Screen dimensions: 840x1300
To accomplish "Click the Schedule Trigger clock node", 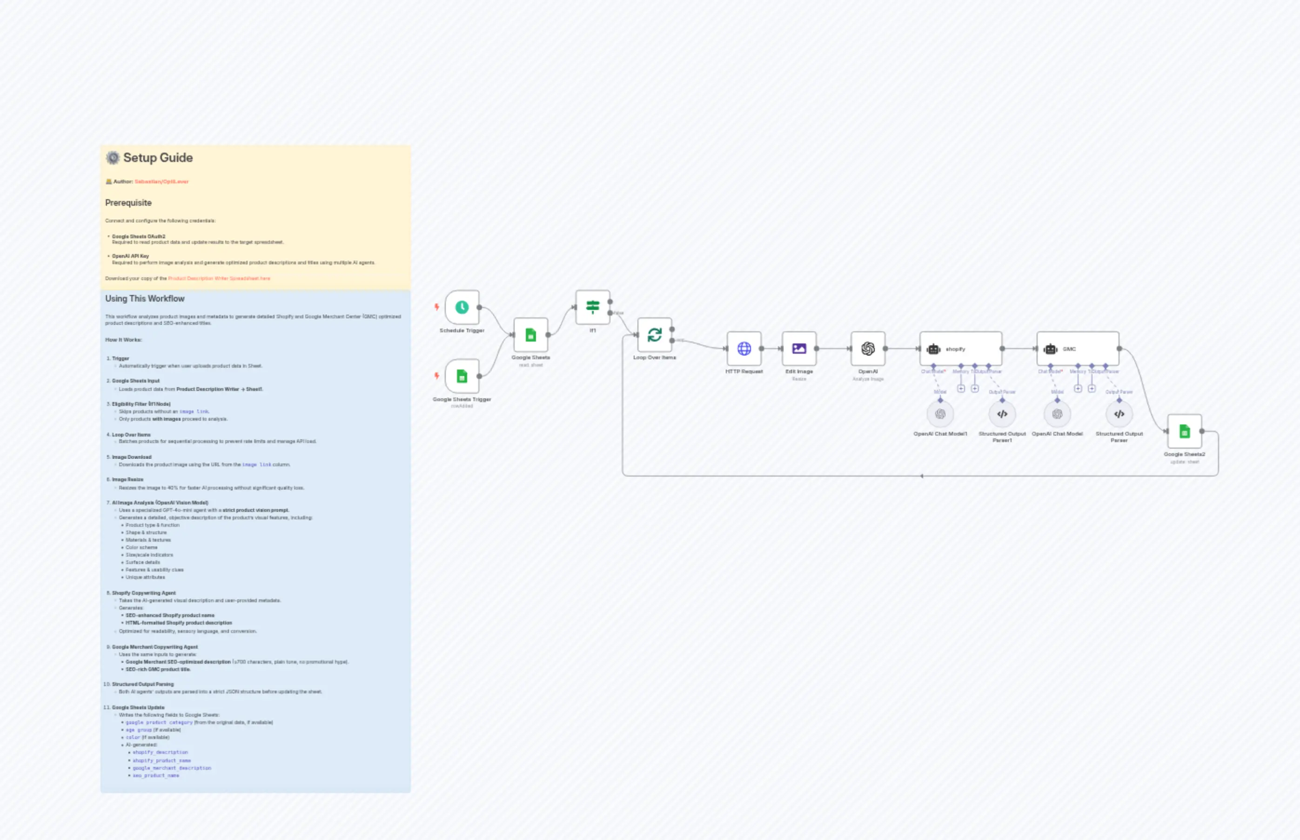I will (x=462, y=307).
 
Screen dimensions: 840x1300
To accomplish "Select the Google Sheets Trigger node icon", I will (x=462, y=376).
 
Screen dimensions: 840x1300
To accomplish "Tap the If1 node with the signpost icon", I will (x=593, y=307).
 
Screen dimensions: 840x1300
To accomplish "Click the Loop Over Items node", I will (x=654, y=334).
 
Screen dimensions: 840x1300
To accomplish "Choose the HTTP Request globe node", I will (x=744, y=349).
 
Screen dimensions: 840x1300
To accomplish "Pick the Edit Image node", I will (x=799, y=349).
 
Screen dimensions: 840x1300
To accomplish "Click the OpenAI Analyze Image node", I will (x=868, y=349).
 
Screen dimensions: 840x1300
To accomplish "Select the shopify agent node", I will (x=960, y=349).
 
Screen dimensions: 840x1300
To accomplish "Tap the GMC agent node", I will (x=1078, y=349).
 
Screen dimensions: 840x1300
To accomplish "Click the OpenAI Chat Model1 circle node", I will (x=940, y=414).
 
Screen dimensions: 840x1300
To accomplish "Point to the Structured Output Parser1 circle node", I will (x=1002, y=414).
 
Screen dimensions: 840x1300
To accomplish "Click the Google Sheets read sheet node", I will (x=530, y=335).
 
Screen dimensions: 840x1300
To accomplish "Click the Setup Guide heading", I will (x=158, y=158).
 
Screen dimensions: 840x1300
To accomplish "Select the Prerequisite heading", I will (x=128, y=203).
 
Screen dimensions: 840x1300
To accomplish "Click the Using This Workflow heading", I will (x=145, y=299).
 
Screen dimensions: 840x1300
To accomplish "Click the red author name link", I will (x=161, y=181).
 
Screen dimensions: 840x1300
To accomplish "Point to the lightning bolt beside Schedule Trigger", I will (x=437, y=307).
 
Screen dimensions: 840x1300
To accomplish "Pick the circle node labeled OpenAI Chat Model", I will (x=1057, y=414).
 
